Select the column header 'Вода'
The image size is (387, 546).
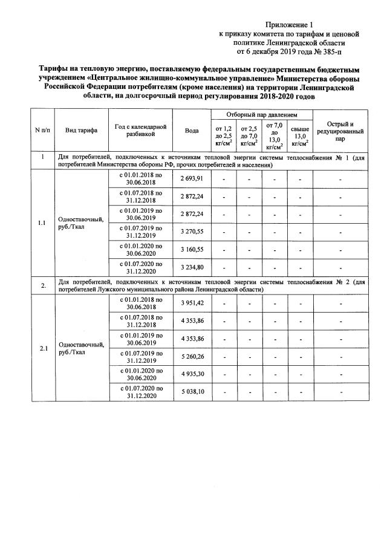(192, 130)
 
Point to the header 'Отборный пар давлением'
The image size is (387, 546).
(262, 114)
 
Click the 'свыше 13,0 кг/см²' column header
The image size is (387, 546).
(301, 137)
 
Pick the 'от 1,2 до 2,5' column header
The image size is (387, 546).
(223, 137)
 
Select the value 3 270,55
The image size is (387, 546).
(192, 232)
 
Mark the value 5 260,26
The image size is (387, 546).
(192, 357)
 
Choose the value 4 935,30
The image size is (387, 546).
(192, 374)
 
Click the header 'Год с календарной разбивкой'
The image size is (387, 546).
(140, 130)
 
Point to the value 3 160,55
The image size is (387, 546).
(192, 249)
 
